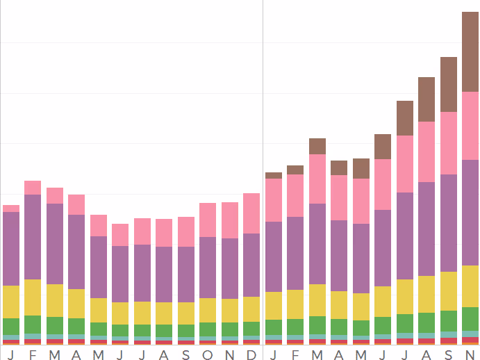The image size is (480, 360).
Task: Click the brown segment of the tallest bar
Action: [x=470, y=52]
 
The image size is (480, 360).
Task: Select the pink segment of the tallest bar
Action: [x=470, y=126]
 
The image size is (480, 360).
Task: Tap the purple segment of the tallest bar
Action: [x=470, y=213]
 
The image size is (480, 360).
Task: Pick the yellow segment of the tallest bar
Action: [x=470, y=286]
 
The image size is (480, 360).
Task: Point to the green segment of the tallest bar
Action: [x=470, y=317]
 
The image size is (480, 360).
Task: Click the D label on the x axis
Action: [x=251, y=355]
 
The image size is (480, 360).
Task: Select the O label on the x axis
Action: [x=208, y=355]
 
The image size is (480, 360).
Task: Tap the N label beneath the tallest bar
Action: [x=470, y=355]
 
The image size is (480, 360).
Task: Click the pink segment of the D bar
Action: [x=251, y=213]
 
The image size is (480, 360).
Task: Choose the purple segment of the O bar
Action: [x=208, y=268]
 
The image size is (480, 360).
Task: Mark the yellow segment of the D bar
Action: [x=251, y=309]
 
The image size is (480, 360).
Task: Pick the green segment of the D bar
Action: [x=251, y=329]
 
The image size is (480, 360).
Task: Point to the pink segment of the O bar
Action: [x=208, y=220]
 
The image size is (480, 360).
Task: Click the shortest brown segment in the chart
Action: [x=274, y=176]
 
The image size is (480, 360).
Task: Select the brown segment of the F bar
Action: [x=295, y=170]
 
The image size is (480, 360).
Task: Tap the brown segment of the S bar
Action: [x=449, y=84]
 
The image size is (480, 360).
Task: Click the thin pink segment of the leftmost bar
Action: [x=11, y=208]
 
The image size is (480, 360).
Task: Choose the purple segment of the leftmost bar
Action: [x=11, y=249]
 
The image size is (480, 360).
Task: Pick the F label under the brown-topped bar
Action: [x=295, y=355]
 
